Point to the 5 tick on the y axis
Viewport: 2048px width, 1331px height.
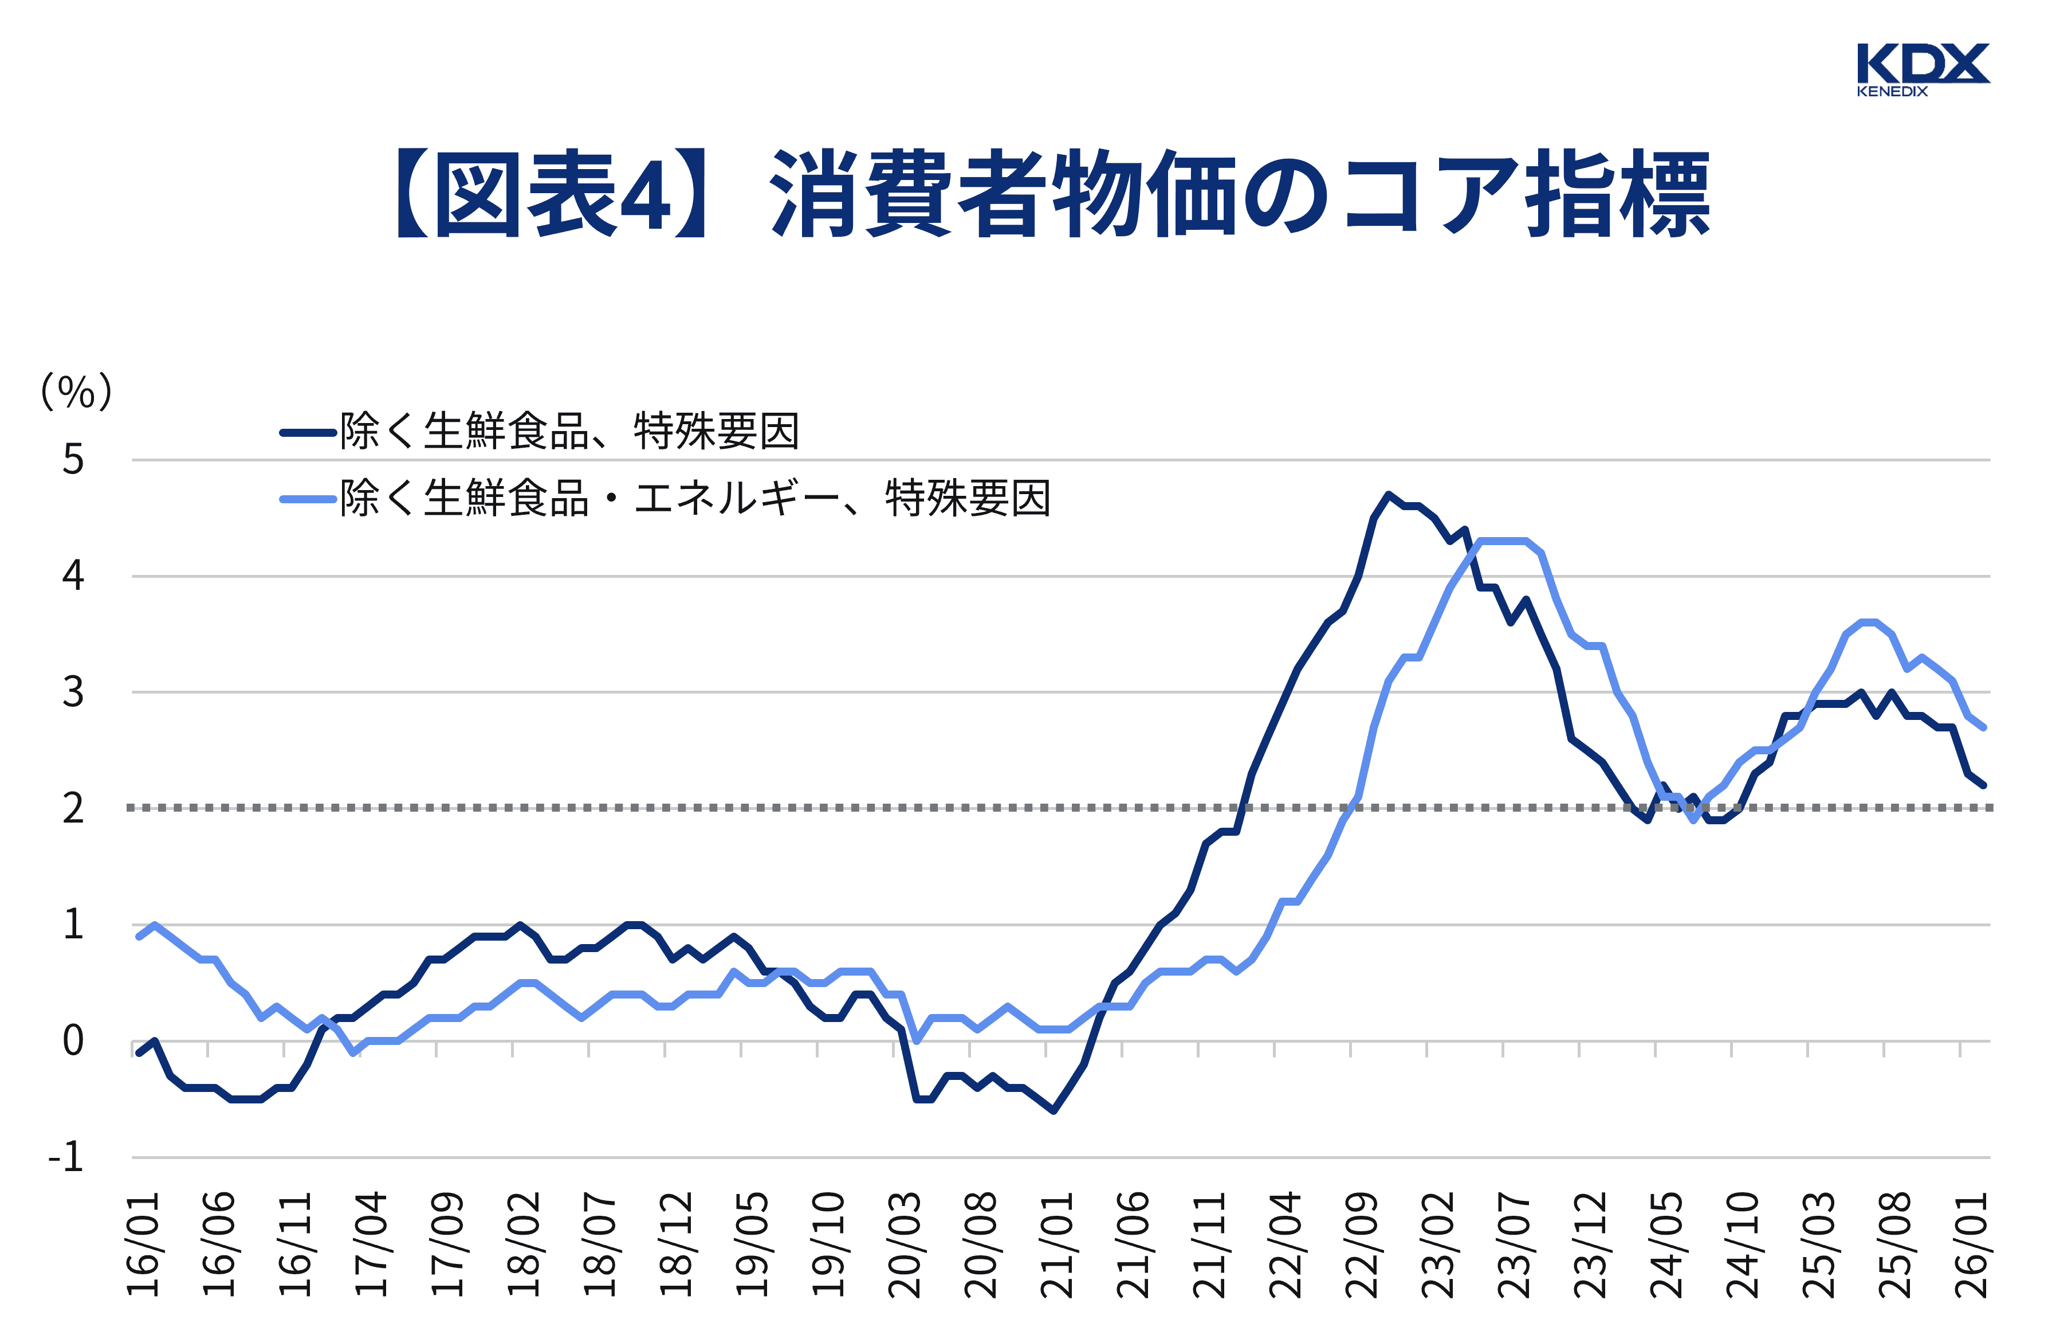click(73, 460)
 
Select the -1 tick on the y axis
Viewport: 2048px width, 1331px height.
click(66, 1158)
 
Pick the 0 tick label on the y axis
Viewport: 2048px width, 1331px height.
click(73, 1042)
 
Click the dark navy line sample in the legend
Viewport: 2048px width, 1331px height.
click(307, 433)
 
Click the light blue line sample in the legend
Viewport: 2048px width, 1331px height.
click(307, 499)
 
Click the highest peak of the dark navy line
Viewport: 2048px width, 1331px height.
click(1388, 494)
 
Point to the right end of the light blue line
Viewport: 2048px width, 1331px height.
click(1983, 727)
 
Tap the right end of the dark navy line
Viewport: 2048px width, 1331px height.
click(1983, 785)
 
